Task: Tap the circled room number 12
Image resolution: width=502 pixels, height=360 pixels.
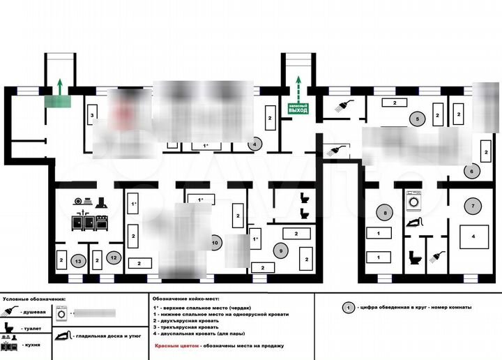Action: pyautogui.click(x=114, y=257)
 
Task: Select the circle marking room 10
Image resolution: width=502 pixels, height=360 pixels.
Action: pyautogui.click(x=215, y=242)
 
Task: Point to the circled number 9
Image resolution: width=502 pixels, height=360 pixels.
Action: pyautogui.click(x=281, y=250)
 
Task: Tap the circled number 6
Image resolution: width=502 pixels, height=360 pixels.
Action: pyautogui.click(x=471, y=170)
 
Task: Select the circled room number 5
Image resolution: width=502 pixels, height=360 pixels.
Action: pyautogui.click(x=417, y=119)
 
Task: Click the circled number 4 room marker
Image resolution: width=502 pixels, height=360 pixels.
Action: pyautogui.click(x=255, y=144)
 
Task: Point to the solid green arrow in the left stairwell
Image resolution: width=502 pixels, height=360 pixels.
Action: pyautogui.click(x=60, y=87)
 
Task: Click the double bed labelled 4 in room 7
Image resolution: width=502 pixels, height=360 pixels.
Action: pyautogui.click(x=473, y=236)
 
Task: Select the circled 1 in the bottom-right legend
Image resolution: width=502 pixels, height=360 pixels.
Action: pyautogui.click(x=346, y=307)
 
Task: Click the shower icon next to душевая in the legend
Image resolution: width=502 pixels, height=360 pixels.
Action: pyautogui.click(x=9, y=312)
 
